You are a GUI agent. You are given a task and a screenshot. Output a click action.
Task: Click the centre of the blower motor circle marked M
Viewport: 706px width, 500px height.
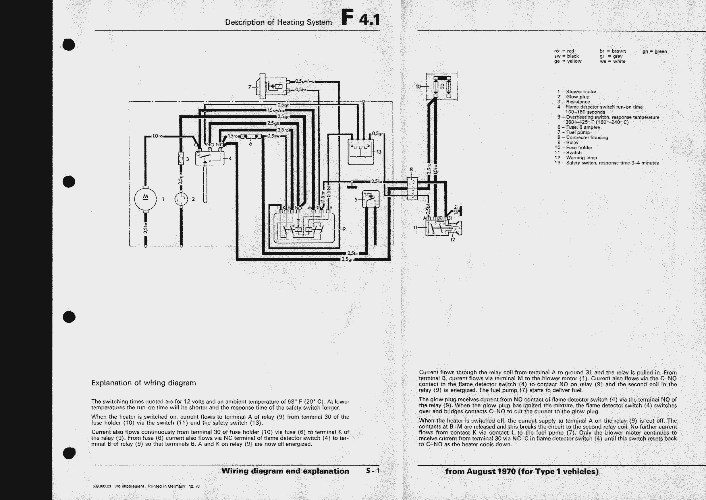146,199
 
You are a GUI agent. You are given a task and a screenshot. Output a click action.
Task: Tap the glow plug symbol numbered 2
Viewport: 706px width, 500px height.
181,199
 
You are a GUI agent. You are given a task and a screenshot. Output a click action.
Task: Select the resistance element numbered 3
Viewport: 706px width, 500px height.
181,158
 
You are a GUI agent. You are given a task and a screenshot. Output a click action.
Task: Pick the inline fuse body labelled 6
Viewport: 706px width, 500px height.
251,136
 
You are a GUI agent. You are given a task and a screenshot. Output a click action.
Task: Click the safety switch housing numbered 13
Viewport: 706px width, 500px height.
360,152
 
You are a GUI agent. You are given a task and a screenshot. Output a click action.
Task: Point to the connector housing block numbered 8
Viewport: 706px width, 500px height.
412,189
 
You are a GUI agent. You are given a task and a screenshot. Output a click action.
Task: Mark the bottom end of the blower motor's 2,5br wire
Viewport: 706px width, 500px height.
146,246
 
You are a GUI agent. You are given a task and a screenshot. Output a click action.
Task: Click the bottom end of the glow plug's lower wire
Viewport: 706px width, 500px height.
181,246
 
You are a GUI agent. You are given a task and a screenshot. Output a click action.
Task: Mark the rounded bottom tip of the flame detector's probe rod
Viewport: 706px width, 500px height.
205,202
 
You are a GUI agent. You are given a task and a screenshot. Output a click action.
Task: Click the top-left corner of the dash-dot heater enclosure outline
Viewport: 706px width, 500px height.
129,101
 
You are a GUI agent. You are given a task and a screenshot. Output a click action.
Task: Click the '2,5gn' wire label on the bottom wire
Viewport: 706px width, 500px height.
348,259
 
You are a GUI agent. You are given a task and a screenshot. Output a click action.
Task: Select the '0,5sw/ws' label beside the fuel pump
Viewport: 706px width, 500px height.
305,81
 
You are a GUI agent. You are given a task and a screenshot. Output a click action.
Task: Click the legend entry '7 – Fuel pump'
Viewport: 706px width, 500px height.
573,132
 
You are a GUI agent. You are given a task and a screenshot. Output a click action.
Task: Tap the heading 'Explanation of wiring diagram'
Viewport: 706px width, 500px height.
144,383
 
